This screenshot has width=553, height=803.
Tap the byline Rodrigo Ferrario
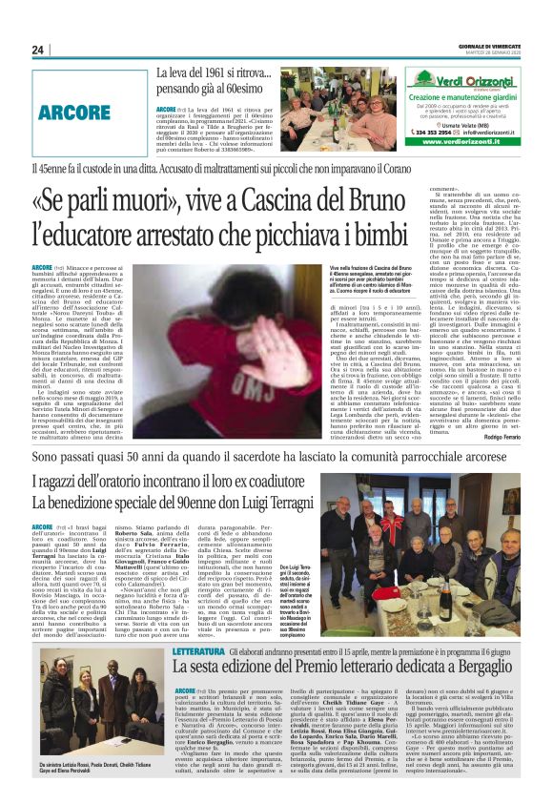(x=496, y=437)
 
